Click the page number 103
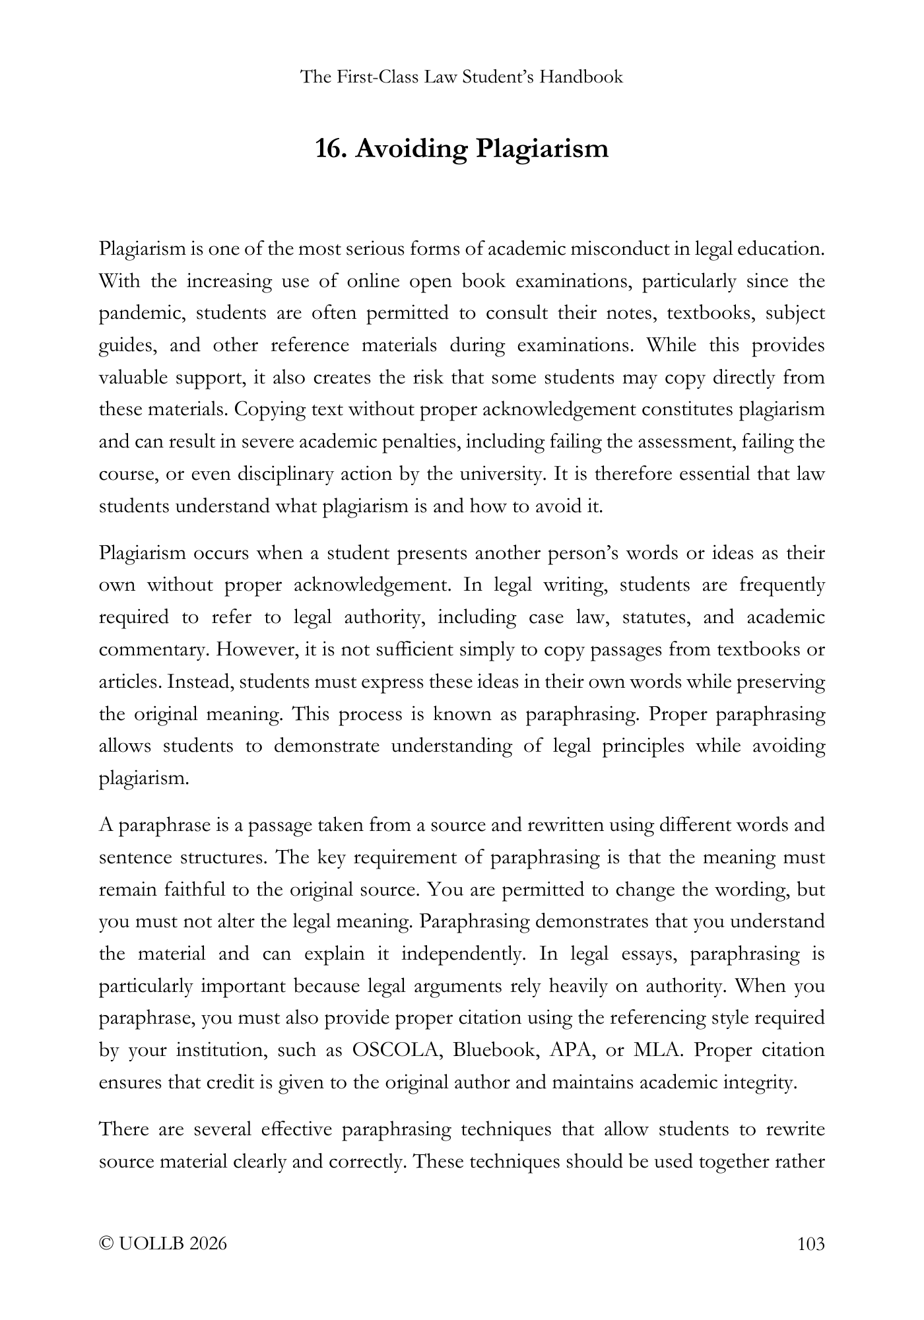[x=811, y=1244]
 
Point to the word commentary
[x=154, y=650]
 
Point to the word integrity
[x=762, y=1083]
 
